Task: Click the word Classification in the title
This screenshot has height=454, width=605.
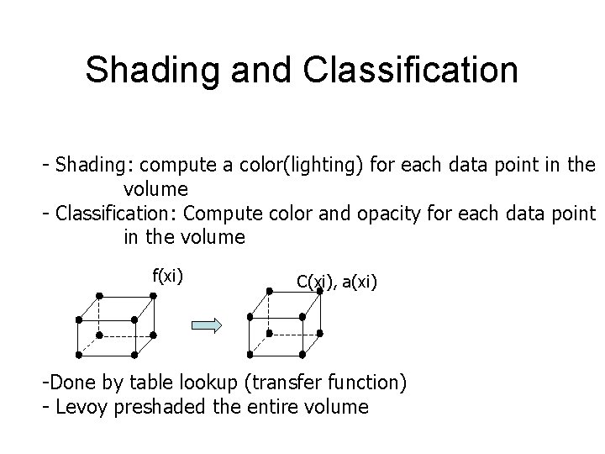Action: click(412, 71)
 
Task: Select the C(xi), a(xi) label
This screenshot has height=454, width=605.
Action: click(337, 282)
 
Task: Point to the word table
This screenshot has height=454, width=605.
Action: click(152, 384)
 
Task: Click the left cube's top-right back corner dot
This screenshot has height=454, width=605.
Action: click(155, 296)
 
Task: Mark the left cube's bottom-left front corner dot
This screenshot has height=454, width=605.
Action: click(78, 352)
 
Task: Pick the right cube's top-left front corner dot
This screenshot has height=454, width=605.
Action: click(250, 318)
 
